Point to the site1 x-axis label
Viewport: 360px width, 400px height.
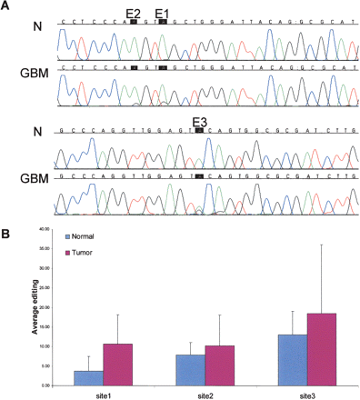click(103, 393)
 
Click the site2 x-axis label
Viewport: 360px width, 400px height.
click(205, 393)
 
